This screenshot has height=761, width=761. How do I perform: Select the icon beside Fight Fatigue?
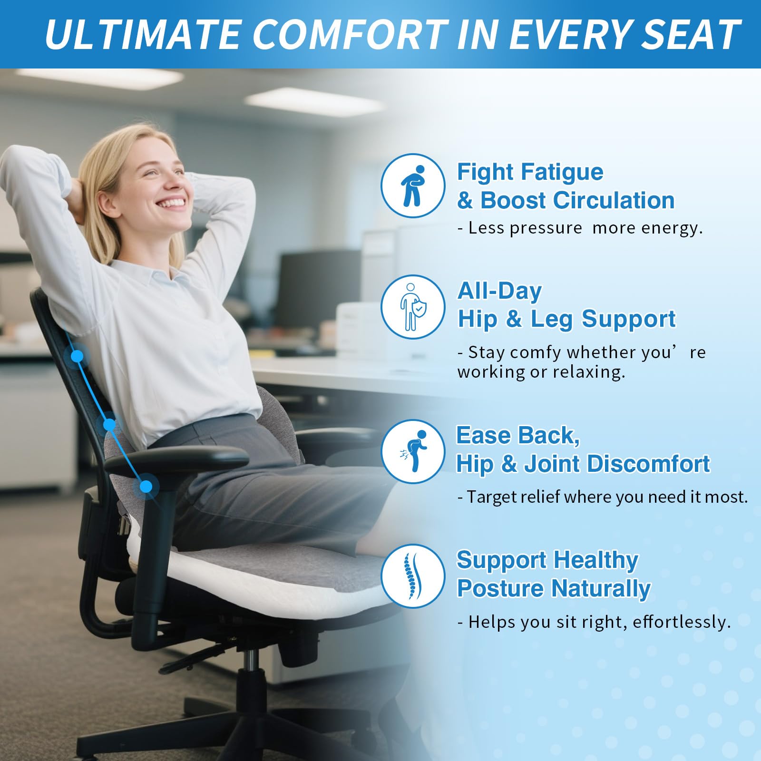pyautogui.click(x=413, y=185)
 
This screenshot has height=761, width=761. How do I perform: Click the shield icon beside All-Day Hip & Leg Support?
pyautogui.click(x=413, y=307)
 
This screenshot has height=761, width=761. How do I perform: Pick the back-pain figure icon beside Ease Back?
pyautogui.click(x=413, y=451)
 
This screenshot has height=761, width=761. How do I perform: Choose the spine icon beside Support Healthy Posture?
pyautogui.click(x=413, y=576)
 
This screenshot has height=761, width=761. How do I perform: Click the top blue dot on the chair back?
pyautogui.click(x=77, y=356)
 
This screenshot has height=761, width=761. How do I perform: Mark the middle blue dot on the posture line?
pyautogui.click(x=109, y=424)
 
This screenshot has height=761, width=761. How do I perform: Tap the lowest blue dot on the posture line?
pyautogui.click(x=146, y=486)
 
